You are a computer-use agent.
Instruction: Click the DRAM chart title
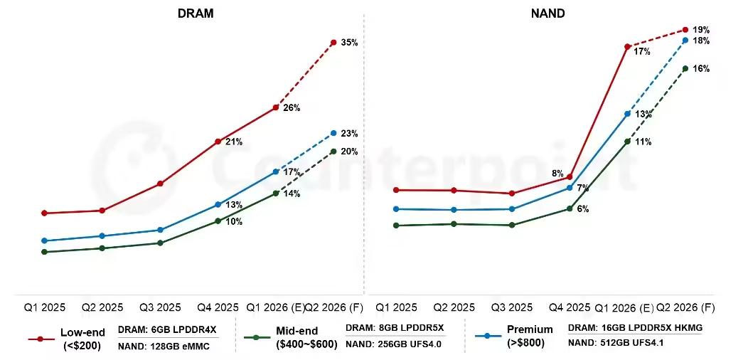pos(196,14)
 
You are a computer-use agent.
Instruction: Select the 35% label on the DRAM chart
pos(349,43)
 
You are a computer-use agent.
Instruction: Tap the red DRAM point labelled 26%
pos(276,107)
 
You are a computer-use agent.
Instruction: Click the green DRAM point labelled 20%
pos(333,151)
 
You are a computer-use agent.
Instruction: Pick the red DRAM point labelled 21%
pos(218,142)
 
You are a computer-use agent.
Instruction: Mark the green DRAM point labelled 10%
pos(218,221)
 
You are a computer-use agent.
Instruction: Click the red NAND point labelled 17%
pos(627,47)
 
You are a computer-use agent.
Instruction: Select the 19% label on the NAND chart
pos(701,30)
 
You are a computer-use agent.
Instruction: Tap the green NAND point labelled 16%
pos(685,68)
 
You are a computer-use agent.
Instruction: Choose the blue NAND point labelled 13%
pos(627,114)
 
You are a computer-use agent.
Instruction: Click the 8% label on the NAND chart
pos(557,173)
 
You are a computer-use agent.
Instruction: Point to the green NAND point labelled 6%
pos(570,208)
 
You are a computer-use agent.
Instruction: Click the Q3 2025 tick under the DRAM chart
pos(160,308)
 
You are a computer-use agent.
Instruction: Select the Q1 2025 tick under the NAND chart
pos(396,308)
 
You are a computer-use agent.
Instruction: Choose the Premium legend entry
pos(530,337)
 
